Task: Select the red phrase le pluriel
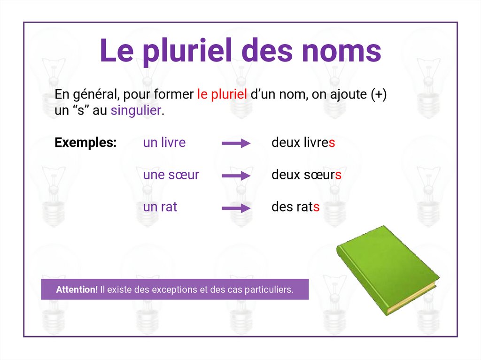tap(222, 94)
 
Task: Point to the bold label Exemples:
tap(85, 143)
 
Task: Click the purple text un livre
tap(164, 143)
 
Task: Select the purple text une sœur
tap(171, 175)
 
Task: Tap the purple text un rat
tap(160, 207)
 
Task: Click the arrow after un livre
tap(236, 144)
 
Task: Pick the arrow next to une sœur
tap(236, 176)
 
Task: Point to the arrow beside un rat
tap(236, 208)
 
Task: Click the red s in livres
tap(332, 143)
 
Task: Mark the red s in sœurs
tap(338, 175)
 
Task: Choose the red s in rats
tap(317, 207)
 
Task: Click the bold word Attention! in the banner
tap(77, 290)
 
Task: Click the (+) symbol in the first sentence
tap(378, 94)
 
